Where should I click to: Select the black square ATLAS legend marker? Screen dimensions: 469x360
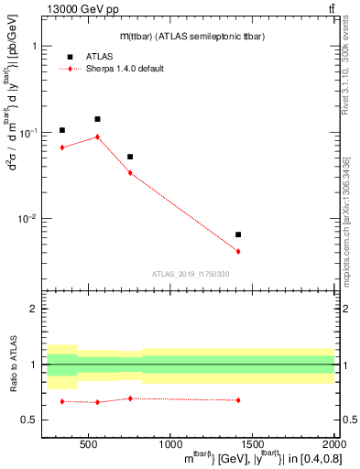point(70,57)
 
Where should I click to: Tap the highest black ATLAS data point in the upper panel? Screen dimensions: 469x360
point(97,119)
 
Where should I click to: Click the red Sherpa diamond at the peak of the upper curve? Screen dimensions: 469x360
point(97,136)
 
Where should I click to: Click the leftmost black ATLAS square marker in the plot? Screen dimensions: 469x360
point(61,130)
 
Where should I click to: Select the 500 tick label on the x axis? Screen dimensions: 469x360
point(89,443)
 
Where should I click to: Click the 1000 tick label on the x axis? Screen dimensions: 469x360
point(169,443)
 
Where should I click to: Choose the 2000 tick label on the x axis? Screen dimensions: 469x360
point(330,443)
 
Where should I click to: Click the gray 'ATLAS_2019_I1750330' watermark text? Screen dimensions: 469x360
point(191,274)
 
